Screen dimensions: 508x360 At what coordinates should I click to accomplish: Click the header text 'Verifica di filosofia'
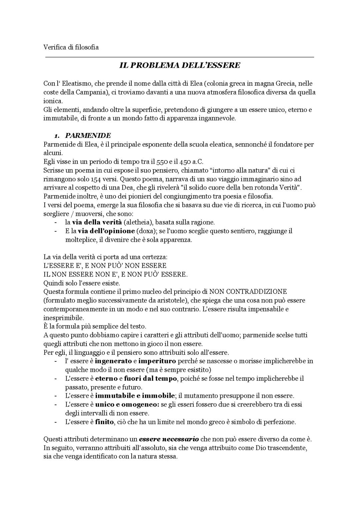(71, 47)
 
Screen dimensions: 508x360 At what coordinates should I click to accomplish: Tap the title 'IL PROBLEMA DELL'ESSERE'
(180, 65)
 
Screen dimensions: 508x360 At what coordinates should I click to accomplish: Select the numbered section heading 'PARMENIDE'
(88, 136)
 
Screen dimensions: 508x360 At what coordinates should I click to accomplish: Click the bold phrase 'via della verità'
(97, 222)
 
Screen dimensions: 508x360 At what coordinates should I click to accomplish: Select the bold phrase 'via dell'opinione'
(106, 231)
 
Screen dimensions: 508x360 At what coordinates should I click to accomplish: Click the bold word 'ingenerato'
(113, 361)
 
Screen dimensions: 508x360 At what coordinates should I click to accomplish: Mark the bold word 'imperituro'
(157, 361)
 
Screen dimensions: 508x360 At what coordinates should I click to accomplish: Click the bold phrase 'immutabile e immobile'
(135, 396)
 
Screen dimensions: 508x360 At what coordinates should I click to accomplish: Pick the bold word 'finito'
(105, 422)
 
